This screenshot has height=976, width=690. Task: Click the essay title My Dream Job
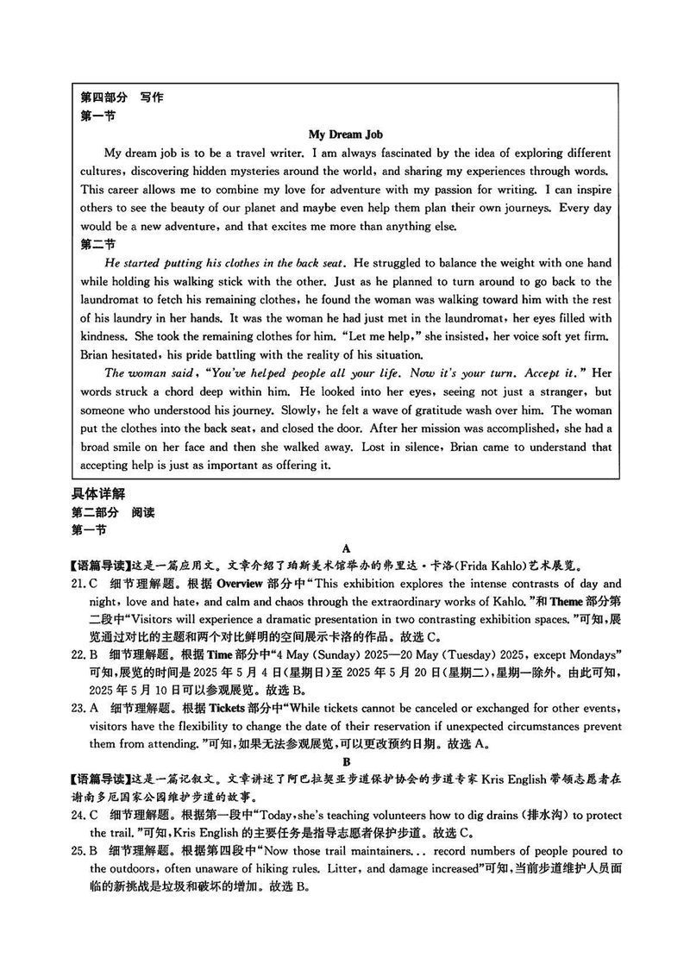345,135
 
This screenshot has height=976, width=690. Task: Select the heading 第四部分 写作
121,97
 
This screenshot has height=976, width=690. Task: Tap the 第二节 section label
97,245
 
